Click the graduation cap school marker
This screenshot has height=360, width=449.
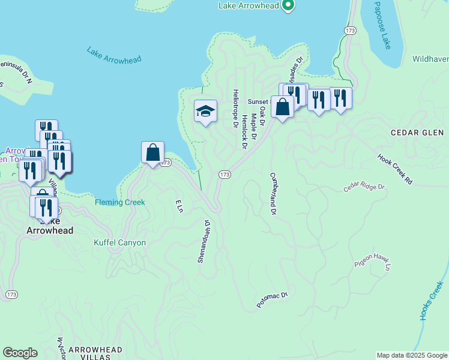point(205,111)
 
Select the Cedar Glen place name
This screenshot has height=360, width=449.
point(417,132)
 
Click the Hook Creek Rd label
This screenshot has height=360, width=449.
point(396,169)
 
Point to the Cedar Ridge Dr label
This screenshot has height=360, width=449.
point(363,188)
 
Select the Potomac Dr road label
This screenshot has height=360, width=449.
point(273,300)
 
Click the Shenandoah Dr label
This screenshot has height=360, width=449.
point(205,241)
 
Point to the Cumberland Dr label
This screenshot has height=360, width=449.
point(273,193)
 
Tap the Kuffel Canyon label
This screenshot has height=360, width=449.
point(119,242)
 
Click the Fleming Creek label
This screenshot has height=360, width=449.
point(119,202)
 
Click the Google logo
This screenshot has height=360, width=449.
point(20,353)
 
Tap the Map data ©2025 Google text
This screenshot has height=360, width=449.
point(411,355)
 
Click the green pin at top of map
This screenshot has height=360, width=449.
point(288,5)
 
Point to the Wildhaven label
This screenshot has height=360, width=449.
point(430,59)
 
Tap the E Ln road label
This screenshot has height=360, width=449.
point(178,206)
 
